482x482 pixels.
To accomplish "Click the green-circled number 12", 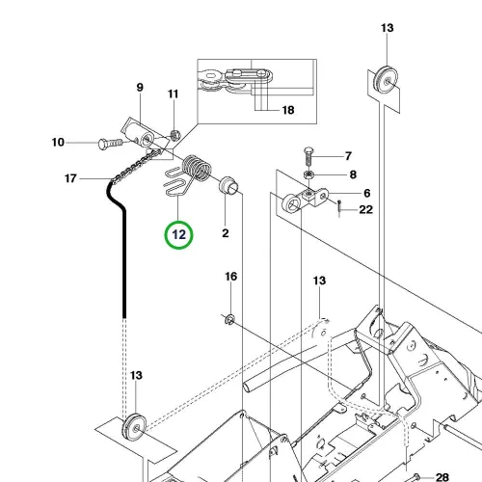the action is [179, 235].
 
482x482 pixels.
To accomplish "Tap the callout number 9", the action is [140, 88].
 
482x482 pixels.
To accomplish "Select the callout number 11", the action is [173, 94].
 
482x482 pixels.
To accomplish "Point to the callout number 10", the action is [58, 143].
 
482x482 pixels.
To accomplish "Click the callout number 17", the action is [70, 178].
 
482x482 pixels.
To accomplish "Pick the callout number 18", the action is [288, 110].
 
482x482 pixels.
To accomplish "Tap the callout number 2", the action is [226, 233].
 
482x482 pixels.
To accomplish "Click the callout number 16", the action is [231, 277].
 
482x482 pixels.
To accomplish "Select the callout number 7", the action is [348, 156].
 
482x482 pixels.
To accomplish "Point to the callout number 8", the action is [353, 174].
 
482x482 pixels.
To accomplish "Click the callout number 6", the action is [367, 193].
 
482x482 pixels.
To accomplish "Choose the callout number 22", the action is [366, 210].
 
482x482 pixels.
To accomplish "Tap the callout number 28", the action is [442, 477].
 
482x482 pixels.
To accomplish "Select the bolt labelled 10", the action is [111, 144].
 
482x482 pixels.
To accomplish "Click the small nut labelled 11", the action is [175, 135].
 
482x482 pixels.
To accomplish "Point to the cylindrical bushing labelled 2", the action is [228, 186].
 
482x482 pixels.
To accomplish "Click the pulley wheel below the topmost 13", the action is [386, 80].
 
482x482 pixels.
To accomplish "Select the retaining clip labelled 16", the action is [230, 320].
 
